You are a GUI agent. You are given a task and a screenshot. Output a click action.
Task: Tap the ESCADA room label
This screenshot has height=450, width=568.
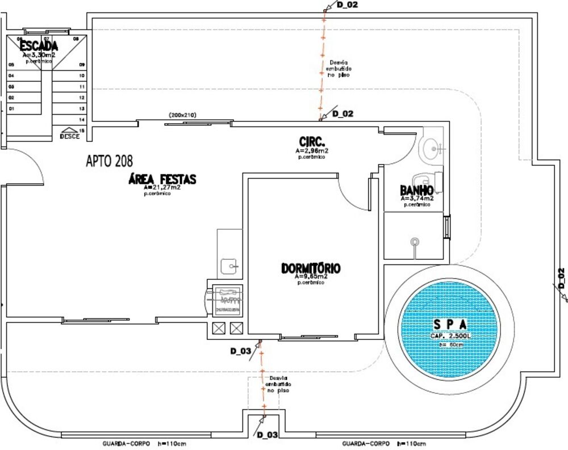pos(39,46)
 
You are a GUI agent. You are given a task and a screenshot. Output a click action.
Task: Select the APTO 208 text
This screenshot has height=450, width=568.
pos(110,161)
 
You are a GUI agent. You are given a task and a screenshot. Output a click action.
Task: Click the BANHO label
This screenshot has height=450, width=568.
pos(417,190)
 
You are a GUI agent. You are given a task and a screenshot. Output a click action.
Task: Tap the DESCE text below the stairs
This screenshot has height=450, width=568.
pos(70,136)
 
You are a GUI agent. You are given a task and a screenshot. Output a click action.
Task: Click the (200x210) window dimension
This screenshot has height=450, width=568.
pos(182,115)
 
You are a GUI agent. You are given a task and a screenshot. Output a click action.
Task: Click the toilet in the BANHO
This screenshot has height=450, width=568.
pos(426,178)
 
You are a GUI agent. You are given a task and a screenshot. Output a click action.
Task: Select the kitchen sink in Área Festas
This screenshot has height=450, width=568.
pos(230,265)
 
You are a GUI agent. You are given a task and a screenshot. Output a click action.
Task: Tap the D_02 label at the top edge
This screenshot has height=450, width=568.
pos(347,5)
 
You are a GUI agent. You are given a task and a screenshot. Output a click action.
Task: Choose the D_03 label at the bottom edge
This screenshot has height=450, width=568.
pos(267,435)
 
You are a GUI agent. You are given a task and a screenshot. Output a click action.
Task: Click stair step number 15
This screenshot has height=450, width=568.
pos(82,131)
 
